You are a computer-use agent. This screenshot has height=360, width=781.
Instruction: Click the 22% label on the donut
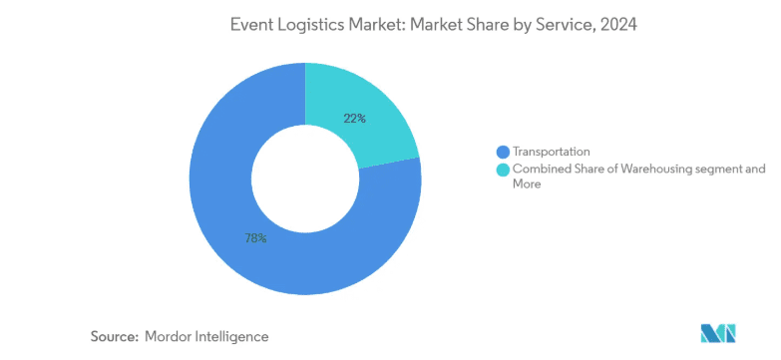[355, 119]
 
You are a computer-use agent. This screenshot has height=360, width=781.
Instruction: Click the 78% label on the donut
[255, 238]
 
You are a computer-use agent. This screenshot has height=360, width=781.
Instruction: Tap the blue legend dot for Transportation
[503, 152]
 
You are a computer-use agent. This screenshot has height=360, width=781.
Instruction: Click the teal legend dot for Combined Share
[503, 170]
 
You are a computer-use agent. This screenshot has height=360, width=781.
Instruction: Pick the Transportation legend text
[552, 152]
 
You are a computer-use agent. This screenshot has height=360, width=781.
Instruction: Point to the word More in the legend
[527, 184]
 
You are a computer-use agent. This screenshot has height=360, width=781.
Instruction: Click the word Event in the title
[248, 25]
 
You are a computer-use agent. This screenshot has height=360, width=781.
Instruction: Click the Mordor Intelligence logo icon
[718, 333]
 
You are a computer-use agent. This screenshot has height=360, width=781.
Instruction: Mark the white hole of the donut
[305, 179]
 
